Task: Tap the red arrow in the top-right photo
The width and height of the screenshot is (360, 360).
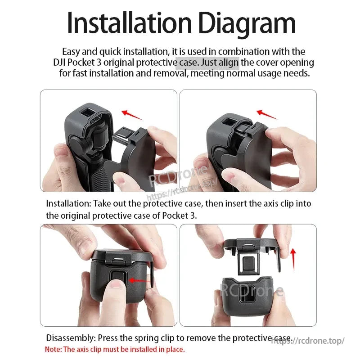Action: pyautogui.click(x=267, y=114)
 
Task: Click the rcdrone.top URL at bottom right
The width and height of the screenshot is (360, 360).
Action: pyautogui.click(x=309, y=341)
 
